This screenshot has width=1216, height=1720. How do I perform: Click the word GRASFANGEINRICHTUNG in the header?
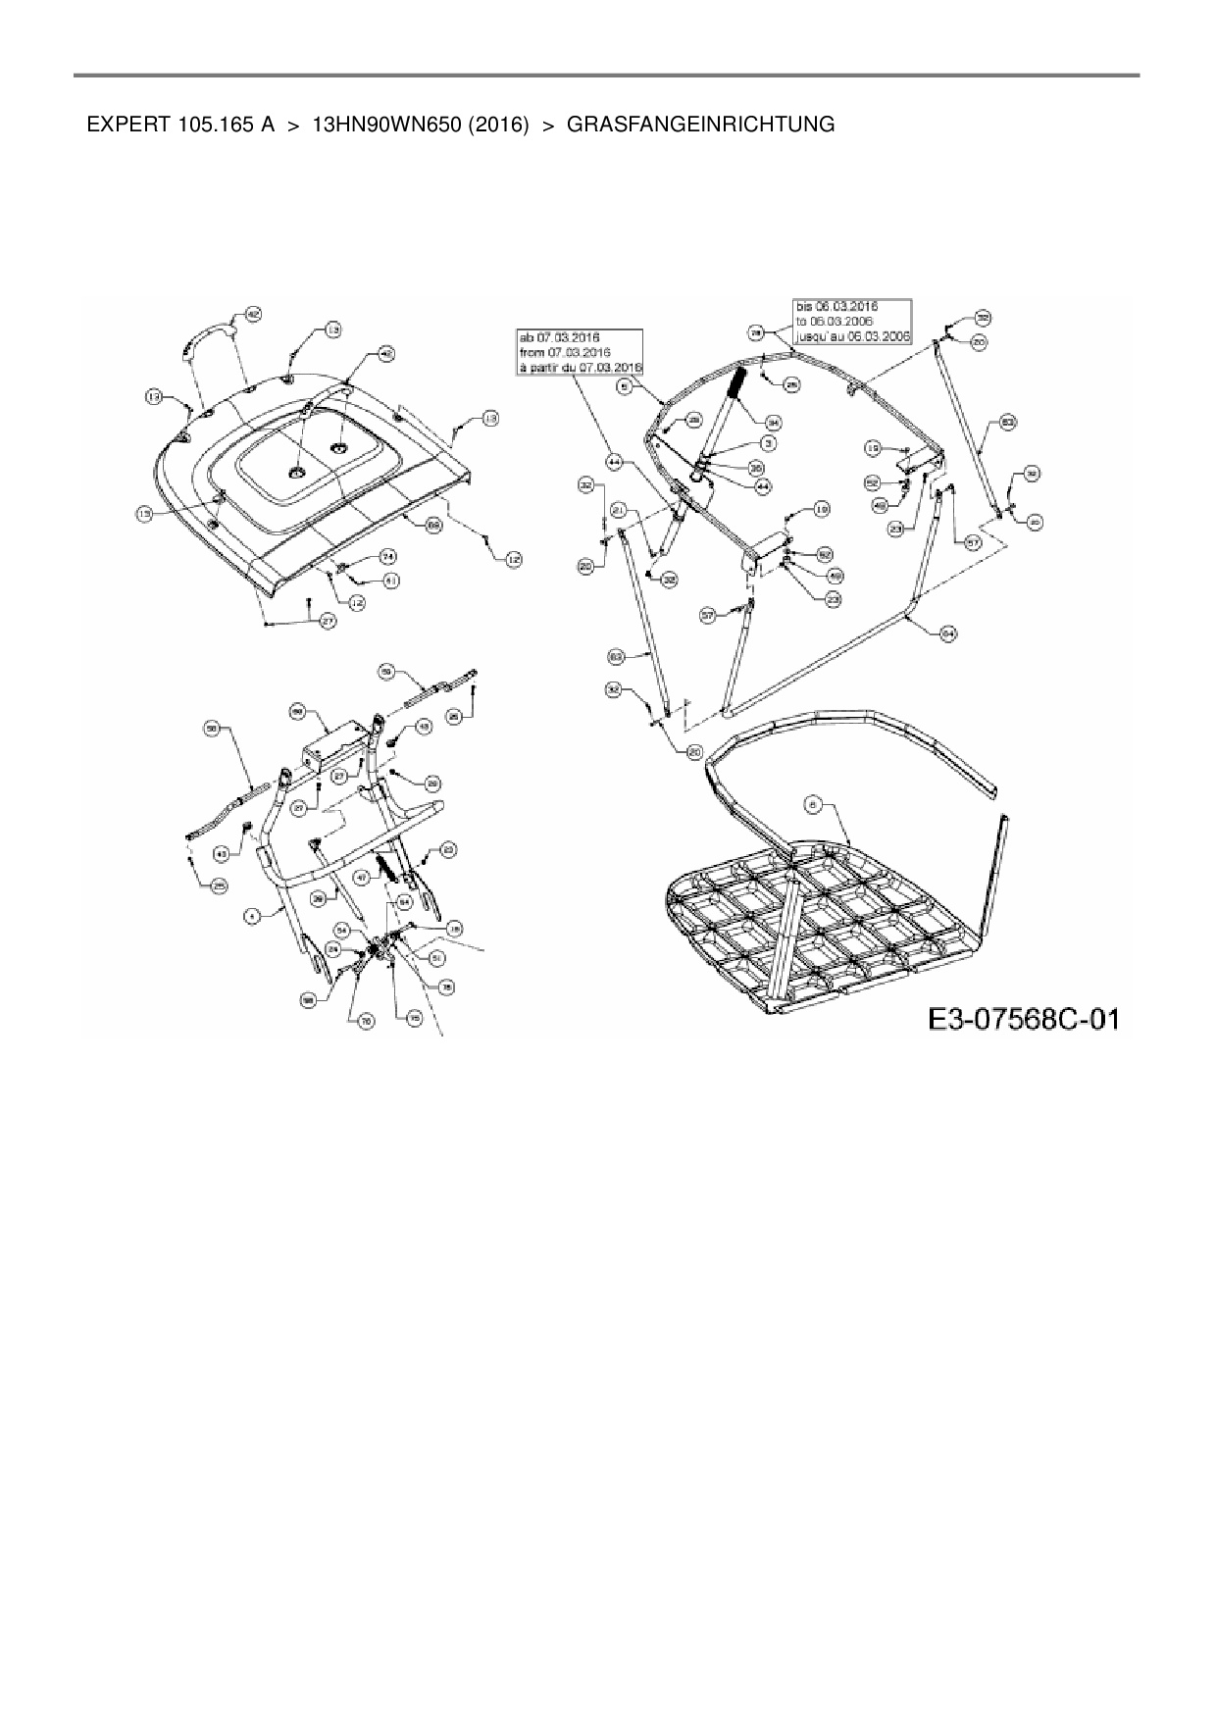pyautogui.click(x=701, y=125)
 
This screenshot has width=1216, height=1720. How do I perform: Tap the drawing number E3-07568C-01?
pyautogui.click(x=1023, y=1019)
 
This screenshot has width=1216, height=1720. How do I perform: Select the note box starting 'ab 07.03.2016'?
pyautogui.click(x=579, y=351)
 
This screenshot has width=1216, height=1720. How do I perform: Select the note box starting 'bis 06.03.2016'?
pyautogui.click(x=850, y=320)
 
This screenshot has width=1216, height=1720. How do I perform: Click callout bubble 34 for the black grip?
pyautogui.click(x=774, y=423)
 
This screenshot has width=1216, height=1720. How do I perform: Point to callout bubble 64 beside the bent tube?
pyautogui.click(x=947, y=633)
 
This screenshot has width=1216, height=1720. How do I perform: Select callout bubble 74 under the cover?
pyautogui.click(x=388, y=556)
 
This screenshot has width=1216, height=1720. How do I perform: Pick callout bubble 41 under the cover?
pyautogui.click(x=390, y=581)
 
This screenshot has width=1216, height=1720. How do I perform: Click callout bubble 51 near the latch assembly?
pyautogui.click(x=437, y=958)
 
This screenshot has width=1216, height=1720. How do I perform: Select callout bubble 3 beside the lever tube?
pyautogui.click(x=770, y=444)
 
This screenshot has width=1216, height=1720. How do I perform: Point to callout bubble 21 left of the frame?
pyautogui.click(x=619, y=510)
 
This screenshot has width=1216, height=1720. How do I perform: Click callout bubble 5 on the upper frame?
pyautogui.click(x=624, y=386)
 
